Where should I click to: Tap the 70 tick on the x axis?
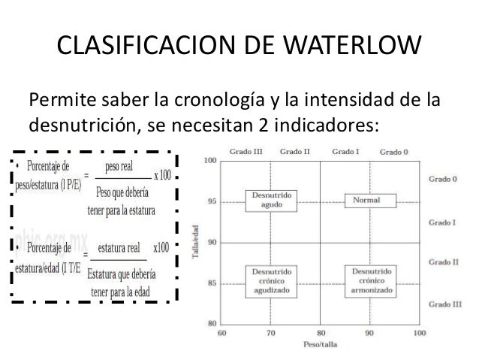(271, 331)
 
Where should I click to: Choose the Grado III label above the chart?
(248, 151)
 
